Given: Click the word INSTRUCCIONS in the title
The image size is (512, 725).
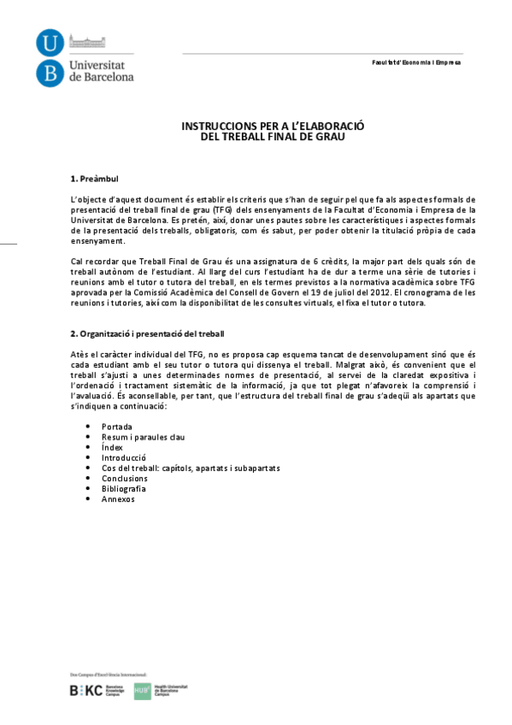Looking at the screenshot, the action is click(215, 125).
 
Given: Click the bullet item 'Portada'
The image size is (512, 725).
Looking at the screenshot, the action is click(116, 426).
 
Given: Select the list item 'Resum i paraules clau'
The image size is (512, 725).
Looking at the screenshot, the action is click(143, 437).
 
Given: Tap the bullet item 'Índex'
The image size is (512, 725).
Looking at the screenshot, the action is click(112, 447).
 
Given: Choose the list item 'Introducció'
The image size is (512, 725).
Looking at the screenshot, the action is click(124, 457).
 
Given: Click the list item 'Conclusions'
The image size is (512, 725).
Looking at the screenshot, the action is click(124, 479).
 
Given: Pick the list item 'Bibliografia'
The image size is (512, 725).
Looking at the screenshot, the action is click(125, 489).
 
